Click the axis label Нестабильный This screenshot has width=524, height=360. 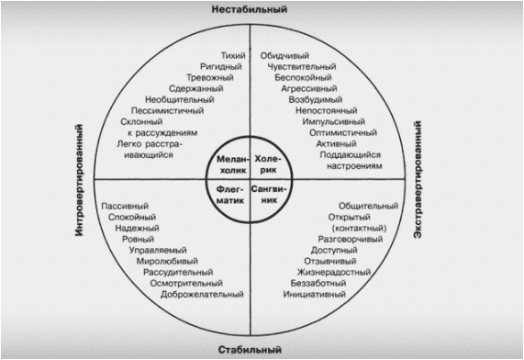coord(250,9)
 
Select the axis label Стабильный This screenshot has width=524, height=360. coord(250,350)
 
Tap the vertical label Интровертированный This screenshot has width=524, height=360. coord(79,180)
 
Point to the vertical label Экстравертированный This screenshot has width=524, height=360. coord(417,180)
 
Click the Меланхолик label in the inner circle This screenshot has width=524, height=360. coord(233,164)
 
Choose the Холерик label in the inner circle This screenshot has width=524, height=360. coord(268,164)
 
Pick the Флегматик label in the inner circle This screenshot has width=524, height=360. coord(230,195)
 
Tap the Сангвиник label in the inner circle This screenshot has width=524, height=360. coord(269,195)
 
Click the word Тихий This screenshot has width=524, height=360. coord(233,55)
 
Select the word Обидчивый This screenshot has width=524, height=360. coord(284,55)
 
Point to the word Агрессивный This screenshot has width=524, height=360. coord(308,89)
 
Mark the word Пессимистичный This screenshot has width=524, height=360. coord(167,111)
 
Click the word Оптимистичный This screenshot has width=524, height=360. coord(343,133)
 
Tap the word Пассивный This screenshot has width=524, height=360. coord(125,206)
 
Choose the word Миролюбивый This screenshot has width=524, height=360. coord(167,262)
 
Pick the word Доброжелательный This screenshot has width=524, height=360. coord(202,295)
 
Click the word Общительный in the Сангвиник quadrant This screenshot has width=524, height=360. coord(368,206)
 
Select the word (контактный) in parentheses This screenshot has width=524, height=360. coord(359,228)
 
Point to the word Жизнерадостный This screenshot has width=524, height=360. coord(334,273)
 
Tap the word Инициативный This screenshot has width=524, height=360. coord(314,295)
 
